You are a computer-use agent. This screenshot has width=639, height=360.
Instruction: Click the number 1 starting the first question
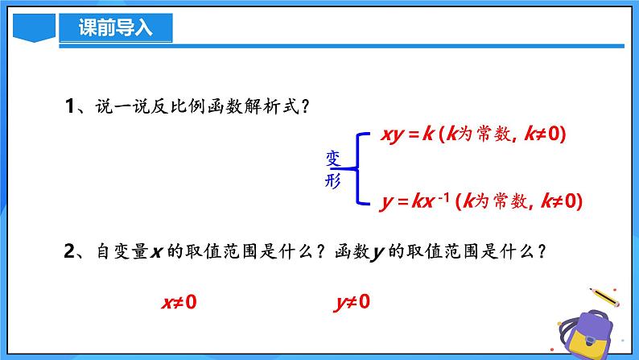click(69, 107)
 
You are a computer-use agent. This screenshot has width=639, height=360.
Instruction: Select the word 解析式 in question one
click(271, 107)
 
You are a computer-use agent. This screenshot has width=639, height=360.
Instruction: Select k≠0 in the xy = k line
click(546, 135)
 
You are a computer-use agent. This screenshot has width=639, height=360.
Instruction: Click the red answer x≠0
click(179, 303)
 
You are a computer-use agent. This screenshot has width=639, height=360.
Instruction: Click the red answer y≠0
click(352, 303)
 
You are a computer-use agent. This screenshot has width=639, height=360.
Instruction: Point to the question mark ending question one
click(304, 107)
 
